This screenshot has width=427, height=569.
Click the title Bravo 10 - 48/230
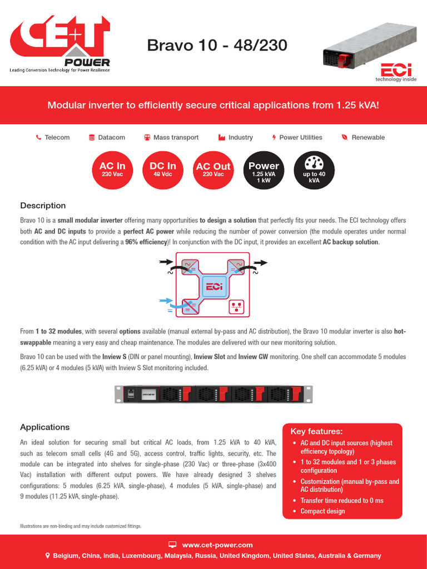click(x=217, y=45)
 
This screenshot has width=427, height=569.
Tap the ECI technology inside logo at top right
click(x=396, y=72)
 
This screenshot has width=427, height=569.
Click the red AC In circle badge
click(x=112, y=169)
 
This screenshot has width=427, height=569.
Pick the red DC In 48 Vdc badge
click(x=163, y=169)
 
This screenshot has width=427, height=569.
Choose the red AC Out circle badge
click(x=213, y=169)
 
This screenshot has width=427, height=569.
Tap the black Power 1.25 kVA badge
click(x=264, y=169)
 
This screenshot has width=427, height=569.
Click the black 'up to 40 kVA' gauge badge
click(x=314, y=169)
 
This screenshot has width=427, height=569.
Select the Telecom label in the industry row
click(x=57, y=137)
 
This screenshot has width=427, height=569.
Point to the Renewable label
click(x=368, y=137)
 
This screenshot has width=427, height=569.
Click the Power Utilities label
click(x=300, y=137)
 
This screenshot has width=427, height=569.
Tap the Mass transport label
click(x=176, y=137)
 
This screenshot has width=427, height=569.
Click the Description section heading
click(x=43, y=206)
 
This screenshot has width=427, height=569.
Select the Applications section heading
click(x=45, y=427)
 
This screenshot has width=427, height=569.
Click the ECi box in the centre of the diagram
click(x=213, y=286)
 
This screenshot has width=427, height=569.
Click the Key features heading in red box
click(x=316, y=431)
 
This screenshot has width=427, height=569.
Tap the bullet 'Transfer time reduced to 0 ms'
click(x=342, y=501)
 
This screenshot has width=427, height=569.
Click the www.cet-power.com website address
click(x=217, y=545)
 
